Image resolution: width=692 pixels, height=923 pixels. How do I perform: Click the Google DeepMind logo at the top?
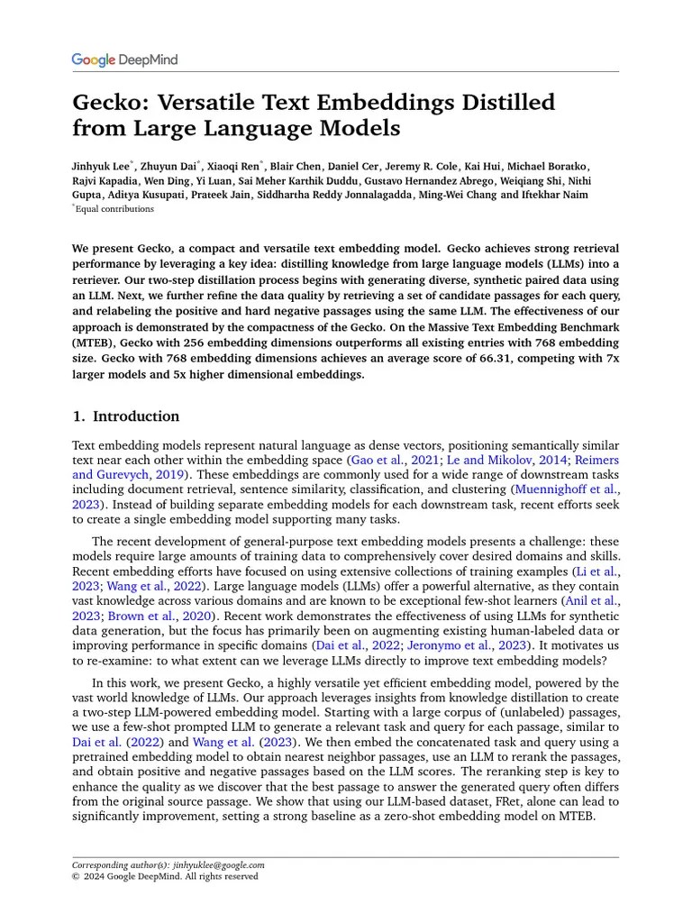[124, 60]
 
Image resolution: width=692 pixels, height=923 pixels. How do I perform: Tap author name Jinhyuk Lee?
[102, 167]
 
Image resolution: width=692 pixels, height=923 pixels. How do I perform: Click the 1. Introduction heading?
[125, 416]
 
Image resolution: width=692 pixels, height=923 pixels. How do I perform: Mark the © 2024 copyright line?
[164, 876]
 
